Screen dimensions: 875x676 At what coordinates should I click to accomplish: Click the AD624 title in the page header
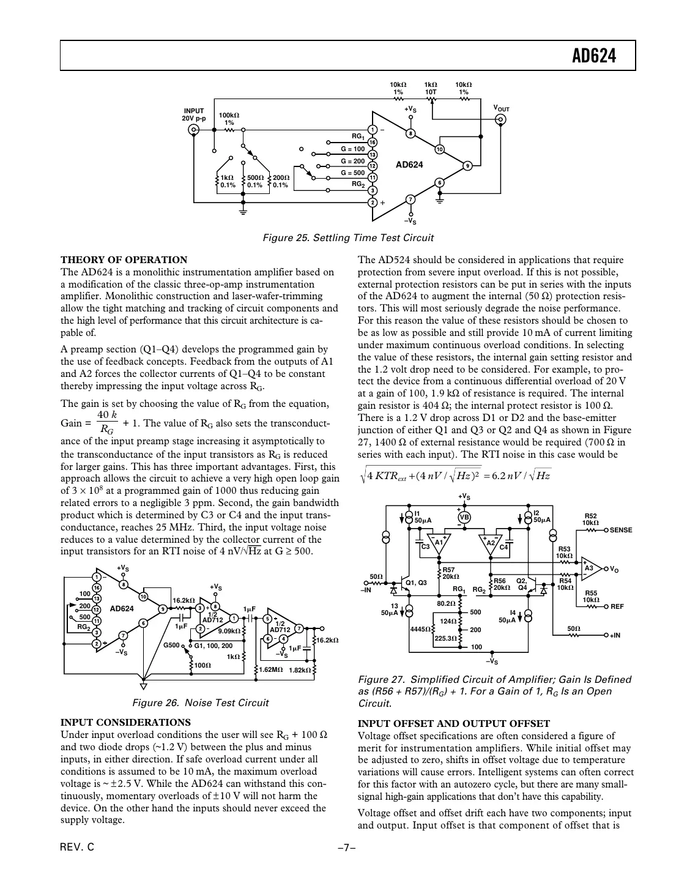pyautogui.click(x=593, y=56)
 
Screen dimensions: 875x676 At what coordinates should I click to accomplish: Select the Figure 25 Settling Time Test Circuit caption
pyautogui.click(x=347, y=238)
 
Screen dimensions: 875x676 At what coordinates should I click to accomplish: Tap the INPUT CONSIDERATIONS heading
pyautogui.click(x=125, y=722)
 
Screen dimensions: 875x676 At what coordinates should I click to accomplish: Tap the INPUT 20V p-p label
pyautogui.click(x=194, y=114)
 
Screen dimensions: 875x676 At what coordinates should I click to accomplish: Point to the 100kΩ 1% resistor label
pyautogui.click(x=229, y=119)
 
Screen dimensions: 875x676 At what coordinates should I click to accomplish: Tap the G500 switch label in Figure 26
pyautogui.click(x=171, y=645)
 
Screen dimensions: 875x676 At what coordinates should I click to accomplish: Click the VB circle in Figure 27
pyautogui.click(x=464, y=517)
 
